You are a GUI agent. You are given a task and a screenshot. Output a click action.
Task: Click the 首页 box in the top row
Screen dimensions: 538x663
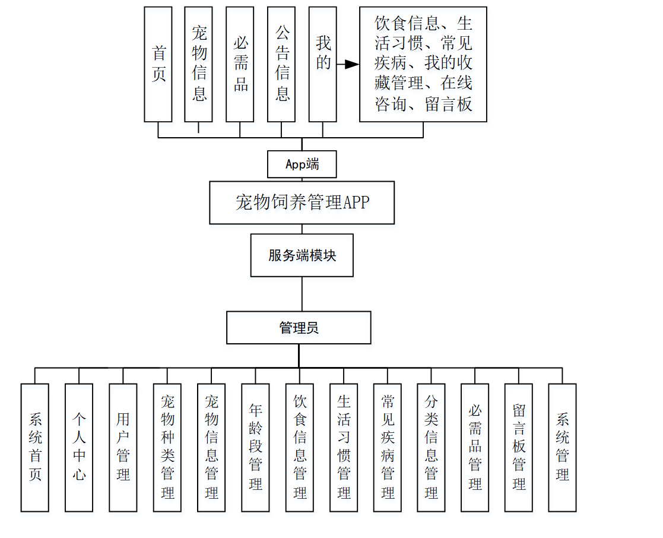coord(158,64)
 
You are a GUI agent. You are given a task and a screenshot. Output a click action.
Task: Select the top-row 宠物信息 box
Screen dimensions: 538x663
coord(198,64)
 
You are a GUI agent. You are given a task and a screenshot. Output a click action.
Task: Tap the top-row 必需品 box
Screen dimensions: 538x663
coord(240,64)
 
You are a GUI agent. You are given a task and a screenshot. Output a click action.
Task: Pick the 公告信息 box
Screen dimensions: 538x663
coord(281,64)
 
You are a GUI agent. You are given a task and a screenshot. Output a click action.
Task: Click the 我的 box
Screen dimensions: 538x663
coord(323,64)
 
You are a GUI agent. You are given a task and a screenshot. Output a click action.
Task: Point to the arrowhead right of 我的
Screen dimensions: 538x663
coord(352,64)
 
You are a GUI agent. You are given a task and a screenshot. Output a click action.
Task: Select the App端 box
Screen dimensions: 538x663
coord(302,164)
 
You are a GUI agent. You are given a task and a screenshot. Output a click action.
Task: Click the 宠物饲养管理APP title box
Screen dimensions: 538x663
coord(302,202)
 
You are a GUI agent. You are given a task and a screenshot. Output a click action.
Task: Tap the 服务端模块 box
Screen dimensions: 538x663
coord(302,255)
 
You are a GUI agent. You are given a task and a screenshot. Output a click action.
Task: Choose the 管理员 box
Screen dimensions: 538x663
coord(299,328)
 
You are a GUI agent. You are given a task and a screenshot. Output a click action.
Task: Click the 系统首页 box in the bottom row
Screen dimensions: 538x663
coord(35,448)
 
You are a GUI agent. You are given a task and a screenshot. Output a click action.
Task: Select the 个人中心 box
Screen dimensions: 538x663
coord(79,448)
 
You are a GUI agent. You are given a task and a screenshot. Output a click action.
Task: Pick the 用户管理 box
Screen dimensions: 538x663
coord(123,448)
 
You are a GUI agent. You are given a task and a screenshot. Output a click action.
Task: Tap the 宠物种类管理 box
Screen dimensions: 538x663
coord(167,448)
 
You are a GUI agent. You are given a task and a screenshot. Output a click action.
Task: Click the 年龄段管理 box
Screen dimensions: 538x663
coord(255,448)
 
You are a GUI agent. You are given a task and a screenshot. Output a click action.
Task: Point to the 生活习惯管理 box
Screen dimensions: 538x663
coord(344,448)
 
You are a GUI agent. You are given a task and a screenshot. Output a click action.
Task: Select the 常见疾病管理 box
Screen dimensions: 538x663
coord(388,448)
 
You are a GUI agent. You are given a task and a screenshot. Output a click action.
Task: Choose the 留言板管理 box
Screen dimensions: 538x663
coord(519,448)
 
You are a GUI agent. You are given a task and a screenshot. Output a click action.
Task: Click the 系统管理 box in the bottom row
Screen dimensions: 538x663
coord(562,448)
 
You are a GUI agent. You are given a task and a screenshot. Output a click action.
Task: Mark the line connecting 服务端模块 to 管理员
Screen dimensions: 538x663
coord(302,294)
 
